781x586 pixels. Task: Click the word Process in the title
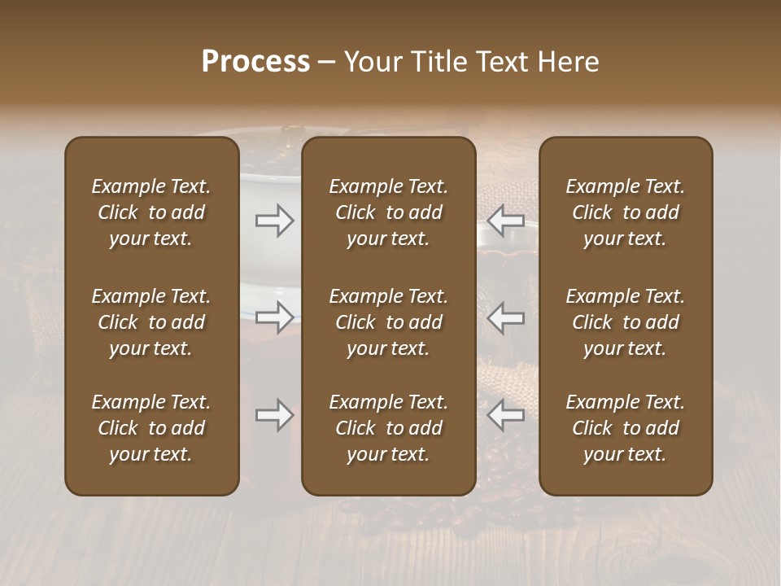tap(255, 62)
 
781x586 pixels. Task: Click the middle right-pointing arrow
tap(274, 317)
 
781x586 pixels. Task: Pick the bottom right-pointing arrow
tap(274, 415)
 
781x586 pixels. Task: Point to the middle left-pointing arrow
tap(506, 317)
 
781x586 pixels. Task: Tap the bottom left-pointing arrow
tap(506, 415)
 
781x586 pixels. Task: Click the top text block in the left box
tap(151, 212)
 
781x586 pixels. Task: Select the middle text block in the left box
tap(151, 322)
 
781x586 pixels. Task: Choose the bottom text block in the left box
tap(151, 428)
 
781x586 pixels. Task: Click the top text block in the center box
tap(389, 212)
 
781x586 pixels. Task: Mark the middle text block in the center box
tap(389, 322)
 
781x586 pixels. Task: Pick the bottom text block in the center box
tap(389, 428)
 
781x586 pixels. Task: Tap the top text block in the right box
tap(626, 212)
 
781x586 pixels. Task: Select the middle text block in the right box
tap(626, 322)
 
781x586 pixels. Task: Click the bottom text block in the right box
tap(626, 428)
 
